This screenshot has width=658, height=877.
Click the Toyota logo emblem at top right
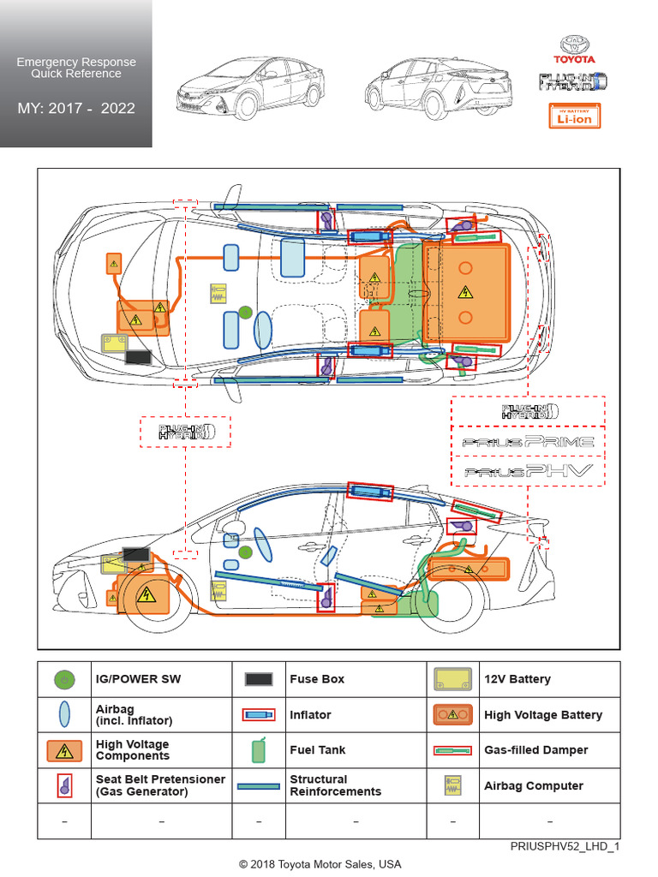point(577,45)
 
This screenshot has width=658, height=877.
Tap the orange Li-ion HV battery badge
point(575,116)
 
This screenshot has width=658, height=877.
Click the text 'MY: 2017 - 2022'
point(76,109)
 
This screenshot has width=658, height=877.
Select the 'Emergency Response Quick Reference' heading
point(76,68)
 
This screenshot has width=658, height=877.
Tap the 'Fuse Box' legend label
point(317,679)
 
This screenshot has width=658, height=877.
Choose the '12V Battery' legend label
point(517,679)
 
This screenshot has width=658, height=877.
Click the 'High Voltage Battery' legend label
point(543,715)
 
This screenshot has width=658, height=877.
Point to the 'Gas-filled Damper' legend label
point(536,750)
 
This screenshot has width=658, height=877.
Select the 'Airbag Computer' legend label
point(534,786)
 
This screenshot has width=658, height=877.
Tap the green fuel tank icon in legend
point(259,750)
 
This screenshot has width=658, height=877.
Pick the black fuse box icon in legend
point(259,679)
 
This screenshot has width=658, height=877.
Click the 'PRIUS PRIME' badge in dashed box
point(528,442)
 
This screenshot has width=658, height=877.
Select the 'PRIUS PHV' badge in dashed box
point(528,471)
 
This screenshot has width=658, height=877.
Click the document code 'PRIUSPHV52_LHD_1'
point(565,846)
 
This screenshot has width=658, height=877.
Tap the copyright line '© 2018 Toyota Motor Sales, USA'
point(320,864)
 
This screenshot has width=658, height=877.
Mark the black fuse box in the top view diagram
point(138,356)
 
